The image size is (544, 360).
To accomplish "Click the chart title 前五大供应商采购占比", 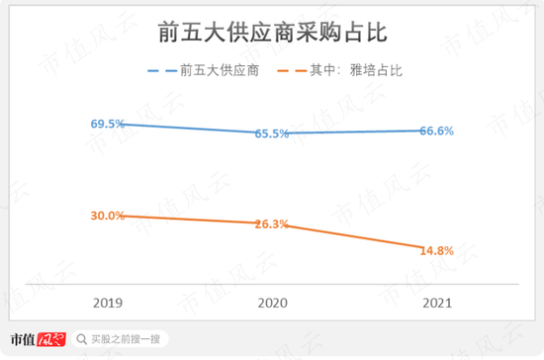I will pyautogui.click(x=272, y=32).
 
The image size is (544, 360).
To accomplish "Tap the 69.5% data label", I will pyautogui.click(x=107, y=124).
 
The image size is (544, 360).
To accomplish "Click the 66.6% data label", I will pyautogui.click(x=436, y=131).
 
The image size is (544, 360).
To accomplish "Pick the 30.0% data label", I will pyautogui.click(x=107, y=215).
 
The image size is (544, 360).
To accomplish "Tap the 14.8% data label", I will pyautogui.click(x=436, y=250).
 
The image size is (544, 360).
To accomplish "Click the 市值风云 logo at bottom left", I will pyautogui.click(x=37, y=339).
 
